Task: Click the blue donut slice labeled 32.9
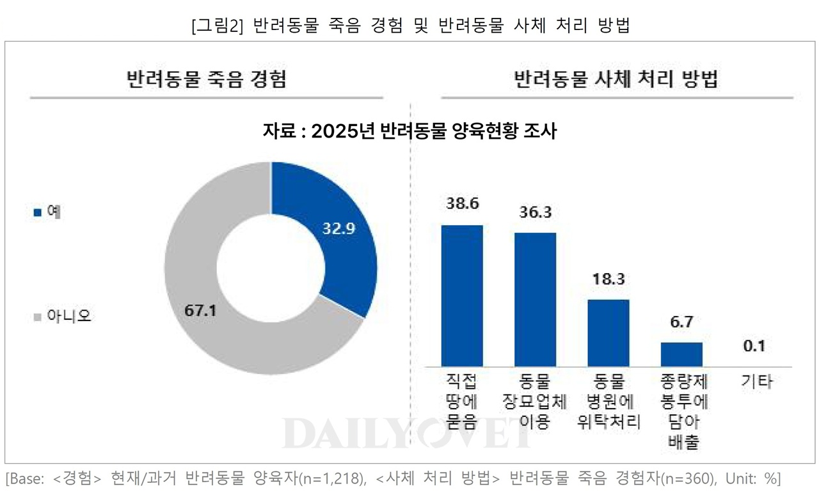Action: click(x=333, y=237)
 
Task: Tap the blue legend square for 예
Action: click(x=37, y=212)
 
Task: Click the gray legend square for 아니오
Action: click(x=37, y=317)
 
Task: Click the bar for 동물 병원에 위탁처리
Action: click(x=608, y=333)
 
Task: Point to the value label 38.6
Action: click(x=462, y=204)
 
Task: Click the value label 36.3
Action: click(x=536, y=212)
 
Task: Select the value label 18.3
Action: click(x=608, y=279)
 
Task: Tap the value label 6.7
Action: click(x=681, y=322)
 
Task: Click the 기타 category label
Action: click(x=757, y=382)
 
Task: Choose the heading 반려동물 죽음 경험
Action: click(x=207, y=79)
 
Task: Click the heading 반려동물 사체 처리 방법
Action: click(x=617, y=79)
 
